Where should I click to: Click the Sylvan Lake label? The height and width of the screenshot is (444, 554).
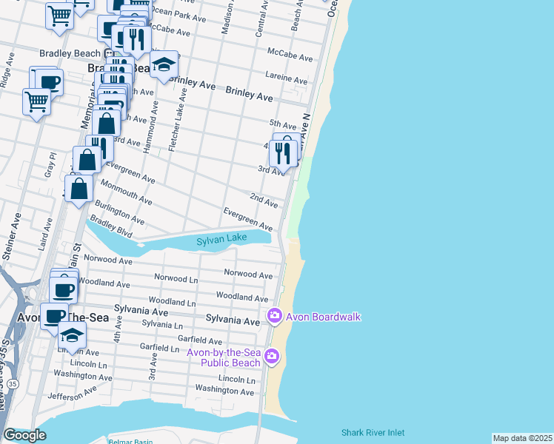(220, 241)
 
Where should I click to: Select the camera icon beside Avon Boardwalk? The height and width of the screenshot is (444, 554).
(275, 317)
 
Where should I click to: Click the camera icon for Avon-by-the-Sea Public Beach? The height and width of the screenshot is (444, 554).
(272, 357)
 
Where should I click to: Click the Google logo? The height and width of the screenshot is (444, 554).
(24, 435)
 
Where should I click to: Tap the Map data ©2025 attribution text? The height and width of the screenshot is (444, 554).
(522, 438)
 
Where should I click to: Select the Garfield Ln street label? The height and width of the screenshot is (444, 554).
(159, 349)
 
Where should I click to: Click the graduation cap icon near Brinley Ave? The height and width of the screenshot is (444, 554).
(164, 64)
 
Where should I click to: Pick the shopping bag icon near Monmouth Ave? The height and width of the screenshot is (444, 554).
(79, 188)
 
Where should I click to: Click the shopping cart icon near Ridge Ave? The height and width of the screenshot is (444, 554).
(36, 100)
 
